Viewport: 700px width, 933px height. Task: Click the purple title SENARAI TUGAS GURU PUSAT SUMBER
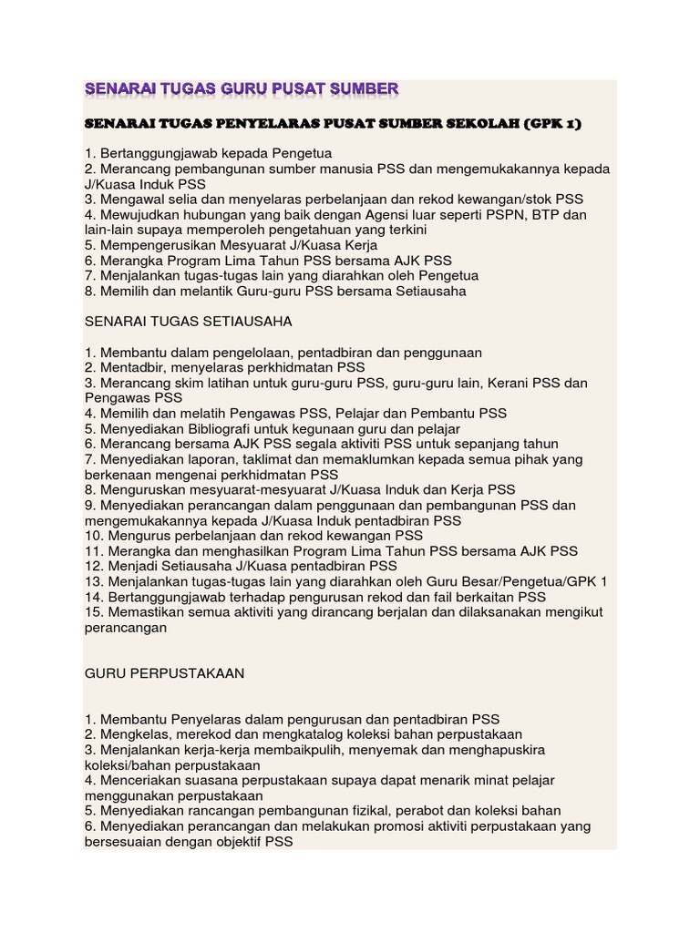click(x=242, y=88)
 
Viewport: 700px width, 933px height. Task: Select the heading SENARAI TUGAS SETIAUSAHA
click(x=189, y=322)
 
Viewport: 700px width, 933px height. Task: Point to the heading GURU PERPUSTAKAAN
click(x=164, y=673)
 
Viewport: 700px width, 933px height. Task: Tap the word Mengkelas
click(x=134, y=734)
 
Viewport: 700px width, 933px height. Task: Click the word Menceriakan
click(x=141, y=780)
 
